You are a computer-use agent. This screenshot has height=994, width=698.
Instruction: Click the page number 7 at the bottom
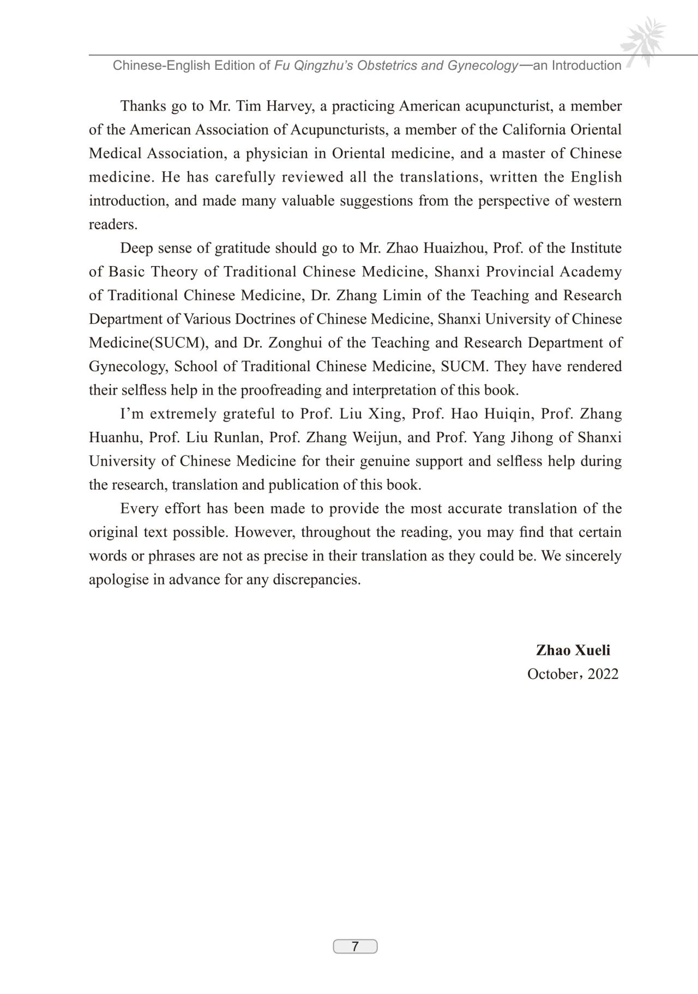point(355,946)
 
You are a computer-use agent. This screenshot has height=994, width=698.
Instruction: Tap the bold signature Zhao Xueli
point(573,650)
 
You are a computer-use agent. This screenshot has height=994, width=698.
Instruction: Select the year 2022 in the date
point(603,674)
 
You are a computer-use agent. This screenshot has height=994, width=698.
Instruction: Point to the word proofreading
point(281,390)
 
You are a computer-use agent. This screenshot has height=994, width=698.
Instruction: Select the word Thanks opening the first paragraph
point(143,106)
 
